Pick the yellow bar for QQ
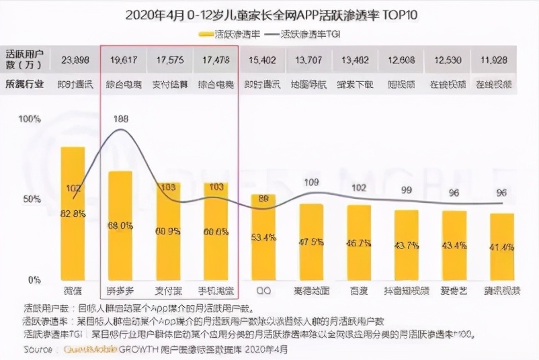(263, 238)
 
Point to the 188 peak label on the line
(120, 119)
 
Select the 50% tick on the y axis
(30, 199)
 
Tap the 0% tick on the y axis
(33, 279)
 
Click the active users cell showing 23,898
(74, 60)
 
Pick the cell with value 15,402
(263, 60)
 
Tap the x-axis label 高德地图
(311, 291)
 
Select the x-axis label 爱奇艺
(454, 291)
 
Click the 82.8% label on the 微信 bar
(73, 214)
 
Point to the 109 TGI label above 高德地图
(311, 182)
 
